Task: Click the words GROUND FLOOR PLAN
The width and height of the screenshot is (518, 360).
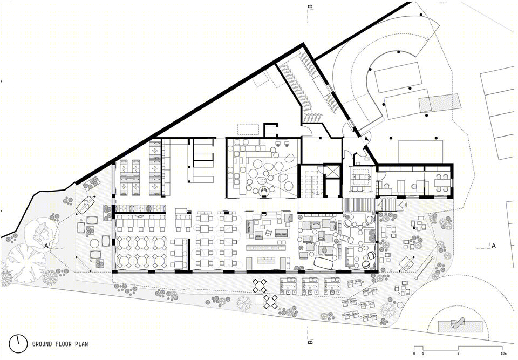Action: point(60,344)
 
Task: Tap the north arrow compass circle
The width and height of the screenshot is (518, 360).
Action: point(18,344)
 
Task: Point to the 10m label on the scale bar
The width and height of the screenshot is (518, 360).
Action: point(503,354)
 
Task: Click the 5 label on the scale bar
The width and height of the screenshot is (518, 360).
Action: point(458,354)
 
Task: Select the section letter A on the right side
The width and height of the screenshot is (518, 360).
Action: point(494,246)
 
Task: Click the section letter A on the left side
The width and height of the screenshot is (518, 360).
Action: point(46,246)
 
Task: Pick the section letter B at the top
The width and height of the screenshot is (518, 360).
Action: point(310,6)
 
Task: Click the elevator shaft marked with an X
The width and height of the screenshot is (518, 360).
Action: point(332,171)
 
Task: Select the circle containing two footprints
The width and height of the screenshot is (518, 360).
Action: point(264,190)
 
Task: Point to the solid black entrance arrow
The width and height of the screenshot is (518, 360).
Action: point(366,139)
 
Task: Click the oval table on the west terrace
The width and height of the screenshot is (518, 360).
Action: point(86,205)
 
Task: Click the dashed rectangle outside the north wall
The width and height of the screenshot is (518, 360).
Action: point(248,129)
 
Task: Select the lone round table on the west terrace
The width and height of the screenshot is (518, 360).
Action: point(95,243)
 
